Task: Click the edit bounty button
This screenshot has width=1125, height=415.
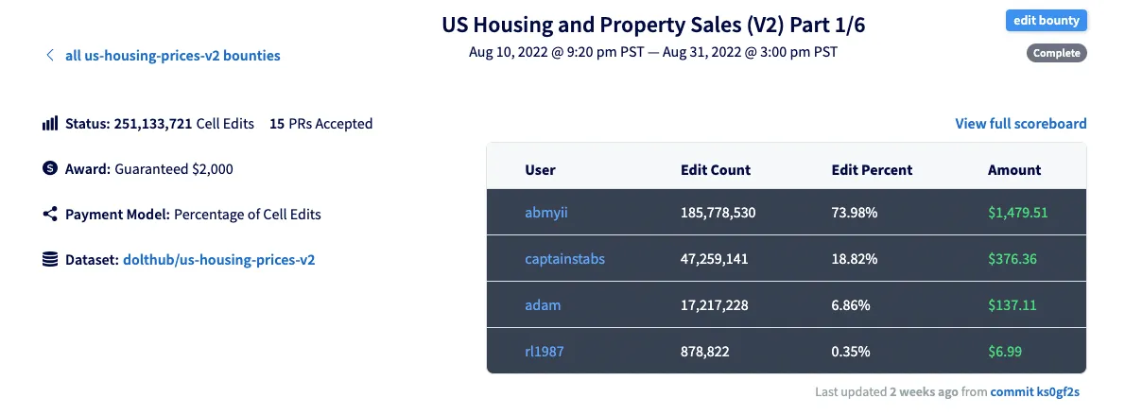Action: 1046,20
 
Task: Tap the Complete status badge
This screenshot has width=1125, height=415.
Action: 1056,53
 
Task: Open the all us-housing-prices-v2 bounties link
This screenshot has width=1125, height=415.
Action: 172,55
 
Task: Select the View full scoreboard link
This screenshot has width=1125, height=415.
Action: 1020,123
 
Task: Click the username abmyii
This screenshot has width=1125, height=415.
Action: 546,213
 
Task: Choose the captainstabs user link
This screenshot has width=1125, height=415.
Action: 564,258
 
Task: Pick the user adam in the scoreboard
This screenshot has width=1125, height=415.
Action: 543,304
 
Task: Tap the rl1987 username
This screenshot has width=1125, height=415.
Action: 545,351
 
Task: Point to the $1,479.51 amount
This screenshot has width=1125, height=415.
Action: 1017,213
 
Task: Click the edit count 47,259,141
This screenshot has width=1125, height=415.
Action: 714,258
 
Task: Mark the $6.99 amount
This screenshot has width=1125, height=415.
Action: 1005,351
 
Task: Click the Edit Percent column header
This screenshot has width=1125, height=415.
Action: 872,170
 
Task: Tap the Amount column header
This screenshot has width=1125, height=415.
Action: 1013,170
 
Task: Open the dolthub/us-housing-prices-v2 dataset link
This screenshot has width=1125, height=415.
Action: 218,258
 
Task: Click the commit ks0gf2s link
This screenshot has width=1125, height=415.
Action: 1038,390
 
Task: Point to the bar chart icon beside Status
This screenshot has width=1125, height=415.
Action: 50,124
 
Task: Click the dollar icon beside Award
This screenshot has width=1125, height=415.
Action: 50,168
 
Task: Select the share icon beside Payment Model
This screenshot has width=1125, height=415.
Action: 50,214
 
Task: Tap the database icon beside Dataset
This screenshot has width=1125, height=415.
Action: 50,258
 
